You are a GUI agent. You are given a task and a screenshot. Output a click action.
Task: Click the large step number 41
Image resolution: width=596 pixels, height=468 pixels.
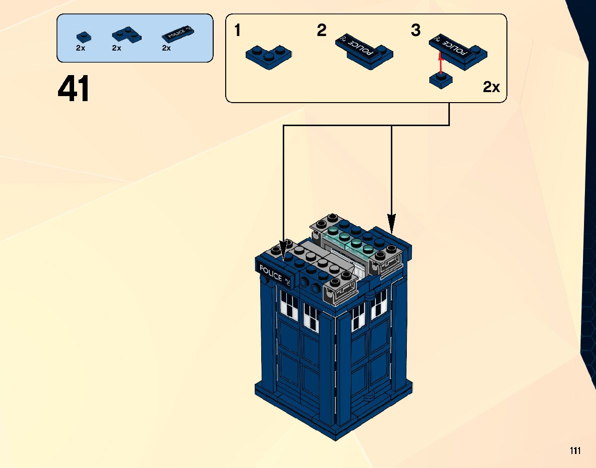[74, 90]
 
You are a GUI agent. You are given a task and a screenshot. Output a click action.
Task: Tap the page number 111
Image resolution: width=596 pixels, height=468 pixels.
[575, 451]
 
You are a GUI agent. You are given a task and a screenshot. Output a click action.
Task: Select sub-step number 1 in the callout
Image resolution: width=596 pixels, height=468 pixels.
[238, 31]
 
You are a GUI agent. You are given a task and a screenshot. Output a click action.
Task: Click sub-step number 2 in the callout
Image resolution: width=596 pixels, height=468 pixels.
[321, 31]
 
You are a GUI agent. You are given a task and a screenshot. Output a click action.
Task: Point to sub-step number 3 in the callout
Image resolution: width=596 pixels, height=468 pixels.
[415, 31]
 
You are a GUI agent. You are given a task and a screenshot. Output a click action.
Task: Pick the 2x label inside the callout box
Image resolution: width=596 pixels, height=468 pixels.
[491, 88]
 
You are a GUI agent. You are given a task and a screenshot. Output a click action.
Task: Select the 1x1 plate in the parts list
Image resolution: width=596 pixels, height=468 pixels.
[84, 37]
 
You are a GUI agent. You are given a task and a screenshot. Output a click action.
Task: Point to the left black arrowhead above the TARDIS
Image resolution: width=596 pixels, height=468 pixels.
[284, 249]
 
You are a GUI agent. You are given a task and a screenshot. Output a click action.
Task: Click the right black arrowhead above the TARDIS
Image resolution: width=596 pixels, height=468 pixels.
[391, 222]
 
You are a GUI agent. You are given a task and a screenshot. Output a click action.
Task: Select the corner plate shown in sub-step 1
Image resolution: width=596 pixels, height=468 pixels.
[269, 57]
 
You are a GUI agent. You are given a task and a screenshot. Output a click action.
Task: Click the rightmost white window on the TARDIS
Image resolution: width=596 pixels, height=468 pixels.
[380, 304]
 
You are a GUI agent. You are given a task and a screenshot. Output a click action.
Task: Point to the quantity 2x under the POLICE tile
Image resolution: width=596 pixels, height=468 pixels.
[167, 49]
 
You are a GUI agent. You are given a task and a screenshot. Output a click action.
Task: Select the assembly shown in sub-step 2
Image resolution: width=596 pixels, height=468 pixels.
[364, 53]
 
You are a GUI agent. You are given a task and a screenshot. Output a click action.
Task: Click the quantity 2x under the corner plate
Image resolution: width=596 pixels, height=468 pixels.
[117, 49]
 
